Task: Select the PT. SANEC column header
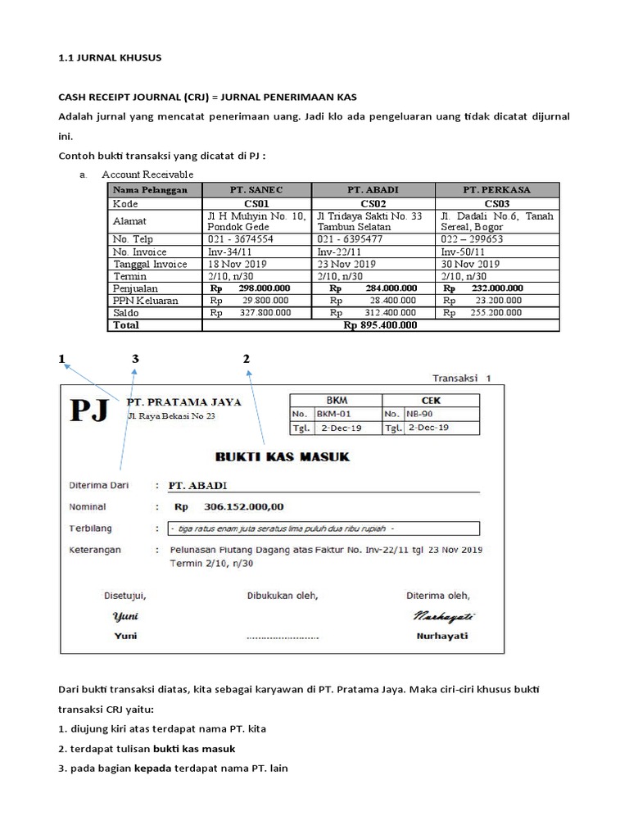[x=258, y=189]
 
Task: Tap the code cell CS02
[x=373, y=203]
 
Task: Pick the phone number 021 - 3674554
[x=241, y=239]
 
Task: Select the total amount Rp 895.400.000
[x=380, y=324]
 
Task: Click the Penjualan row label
[x=136, y=288]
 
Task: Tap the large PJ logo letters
[x=88, y=410]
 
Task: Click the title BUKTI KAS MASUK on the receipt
[x=283, y=456]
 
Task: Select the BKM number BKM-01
[x=333, y=415]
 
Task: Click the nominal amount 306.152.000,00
[x=238, y=506]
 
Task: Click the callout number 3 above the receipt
[x=136, y=359]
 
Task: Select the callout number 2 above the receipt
[x=246, y=359]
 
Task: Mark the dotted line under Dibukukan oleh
[x=282, y=636]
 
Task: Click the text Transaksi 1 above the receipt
[x=460, y=379]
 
